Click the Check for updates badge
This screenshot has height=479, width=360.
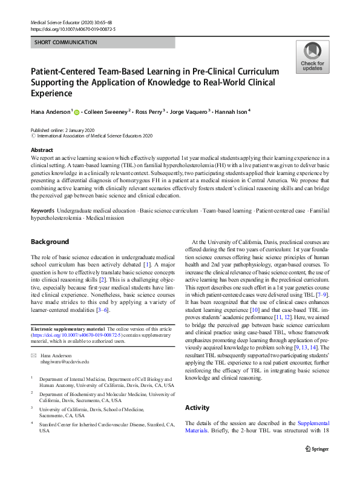(312, 57)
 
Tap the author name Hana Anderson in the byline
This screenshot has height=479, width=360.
(50, 111)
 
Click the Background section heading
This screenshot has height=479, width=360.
(50, 242)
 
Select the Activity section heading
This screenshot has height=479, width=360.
(197, 408)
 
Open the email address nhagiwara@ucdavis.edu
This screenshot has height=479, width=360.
(65, 362)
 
